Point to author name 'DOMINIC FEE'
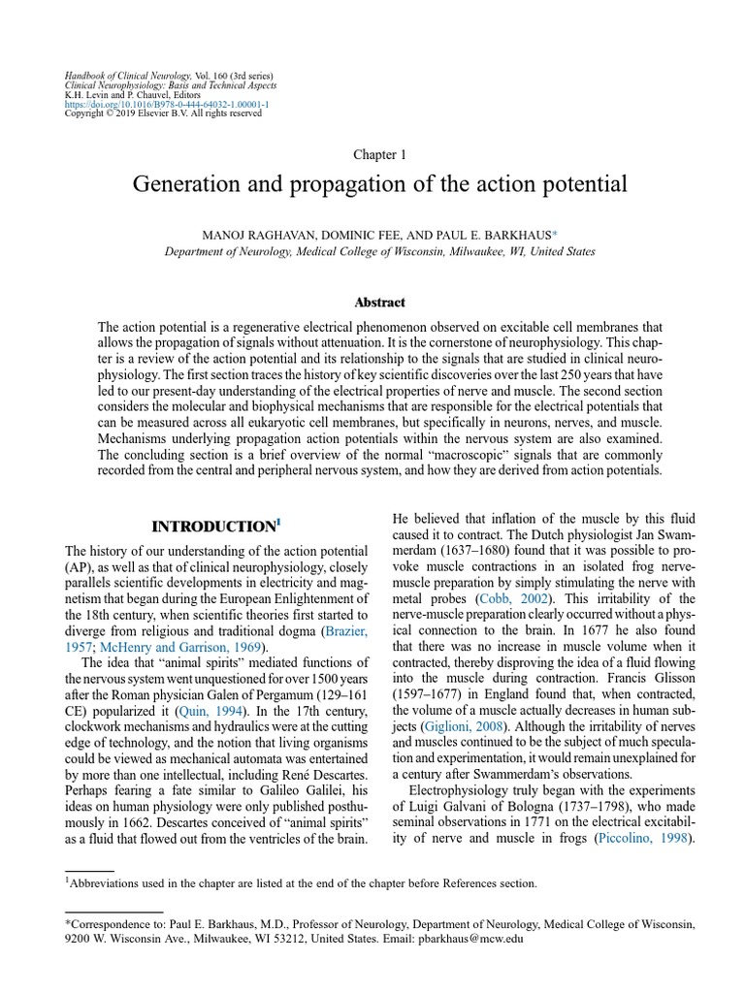(x=356, y=235)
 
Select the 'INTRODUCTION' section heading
(x=213, y=527)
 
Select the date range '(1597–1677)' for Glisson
(x=429, y=692)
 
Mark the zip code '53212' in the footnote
(x=289, y=939)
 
